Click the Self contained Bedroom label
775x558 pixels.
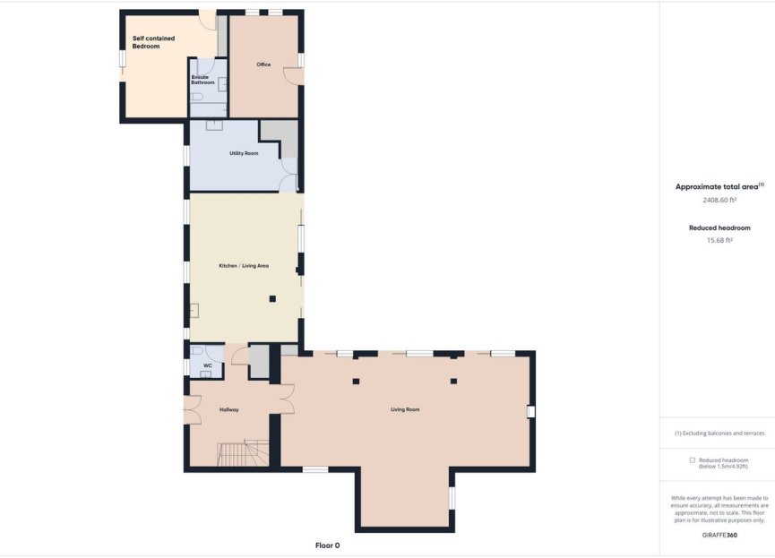point(153,42)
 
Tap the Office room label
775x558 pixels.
point(263,64)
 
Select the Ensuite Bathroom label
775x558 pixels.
point(202,80)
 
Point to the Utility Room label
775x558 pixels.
point(244,153)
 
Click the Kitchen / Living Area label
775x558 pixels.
point(244,266)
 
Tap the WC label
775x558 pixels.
point(207,365)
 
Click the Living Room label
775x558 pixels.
point(405,409)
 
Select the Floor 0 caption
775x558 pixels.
point(327,545)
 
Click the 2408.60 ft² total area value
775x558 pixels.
point(719,201)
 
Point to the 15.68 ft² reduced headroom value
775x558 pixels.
point(719,240)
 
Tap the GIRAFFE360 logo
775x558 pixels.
point(719,535)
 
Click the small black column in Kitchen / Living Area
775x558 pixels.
point(272,298)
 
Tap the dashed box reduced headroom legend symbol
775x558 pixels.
point(692,459)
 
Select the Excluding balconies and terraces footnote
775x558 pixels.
point(719,433)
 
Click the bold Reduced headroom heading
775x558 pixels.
point(719,227)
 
